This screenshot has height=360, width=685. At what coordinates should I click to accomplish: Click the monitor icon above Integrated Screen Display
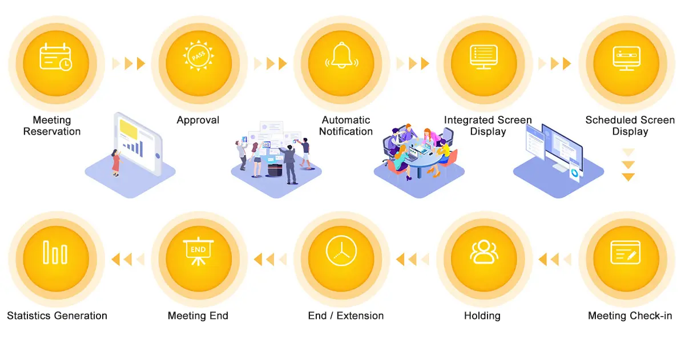tap(483, 58)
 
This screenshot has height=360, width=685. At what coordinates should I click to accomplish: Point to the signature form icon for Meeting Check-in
tap(626, 252)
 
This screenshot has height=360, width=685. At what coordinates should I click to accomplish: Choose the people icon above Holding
tap(483, 252)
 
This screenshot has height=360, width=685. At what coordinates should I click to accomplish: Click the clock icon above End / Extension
tap(341, 252)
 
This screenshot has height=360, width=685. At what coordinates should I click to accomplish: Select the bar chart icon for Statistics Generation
tap(55, 252)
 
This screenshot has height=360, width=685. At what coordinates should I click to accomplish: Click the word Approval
tap(198, 120)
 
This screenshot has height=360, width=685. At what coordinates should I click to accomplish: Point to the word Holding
tap(482, 315)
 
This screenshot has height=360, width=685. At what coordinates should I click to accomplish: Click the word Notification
tap(346, 132)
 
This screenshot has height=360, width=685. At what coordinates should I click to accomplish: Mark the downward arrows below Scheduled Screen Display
tap(628, 165)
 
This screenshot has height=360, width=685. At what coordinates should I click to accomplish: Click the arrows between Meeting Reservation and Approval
tap(128, 63)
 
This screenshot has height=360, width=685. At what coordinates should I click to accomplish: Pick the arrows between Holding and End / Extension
tap(412, 260)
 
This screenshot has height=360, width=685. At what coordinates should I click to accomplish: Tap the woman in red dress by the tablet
tap(116, 162)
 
